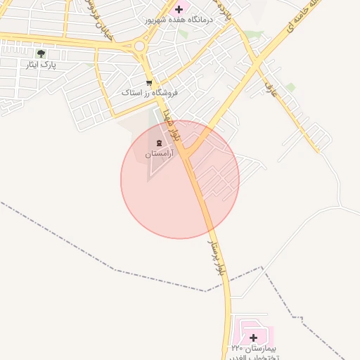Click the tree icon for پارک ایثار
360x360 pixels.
coord(41,53)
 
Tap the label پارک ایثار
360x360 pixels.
coord(41,65)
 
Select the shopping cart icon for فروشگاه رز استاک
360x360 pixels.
coord(149,82)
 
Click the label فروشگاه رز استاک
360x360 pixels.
coord(149,93)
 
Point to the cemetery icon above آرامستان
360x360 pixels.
coord(157,143)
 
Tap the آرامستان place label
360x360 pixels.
coord(159,153)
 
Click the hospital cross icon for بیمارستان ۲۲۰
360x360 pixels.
coord(253,338)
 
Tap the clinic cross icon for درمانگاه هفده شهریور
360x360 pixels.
coord(179,9)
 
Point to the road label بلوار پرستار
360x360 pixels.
coord(217,258)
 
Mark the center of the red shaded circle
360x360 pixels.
coord(180,179)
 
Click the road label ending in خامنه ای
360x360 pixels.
coord(302,21)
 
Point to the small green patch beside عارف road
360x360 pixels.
coord(290,87)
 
